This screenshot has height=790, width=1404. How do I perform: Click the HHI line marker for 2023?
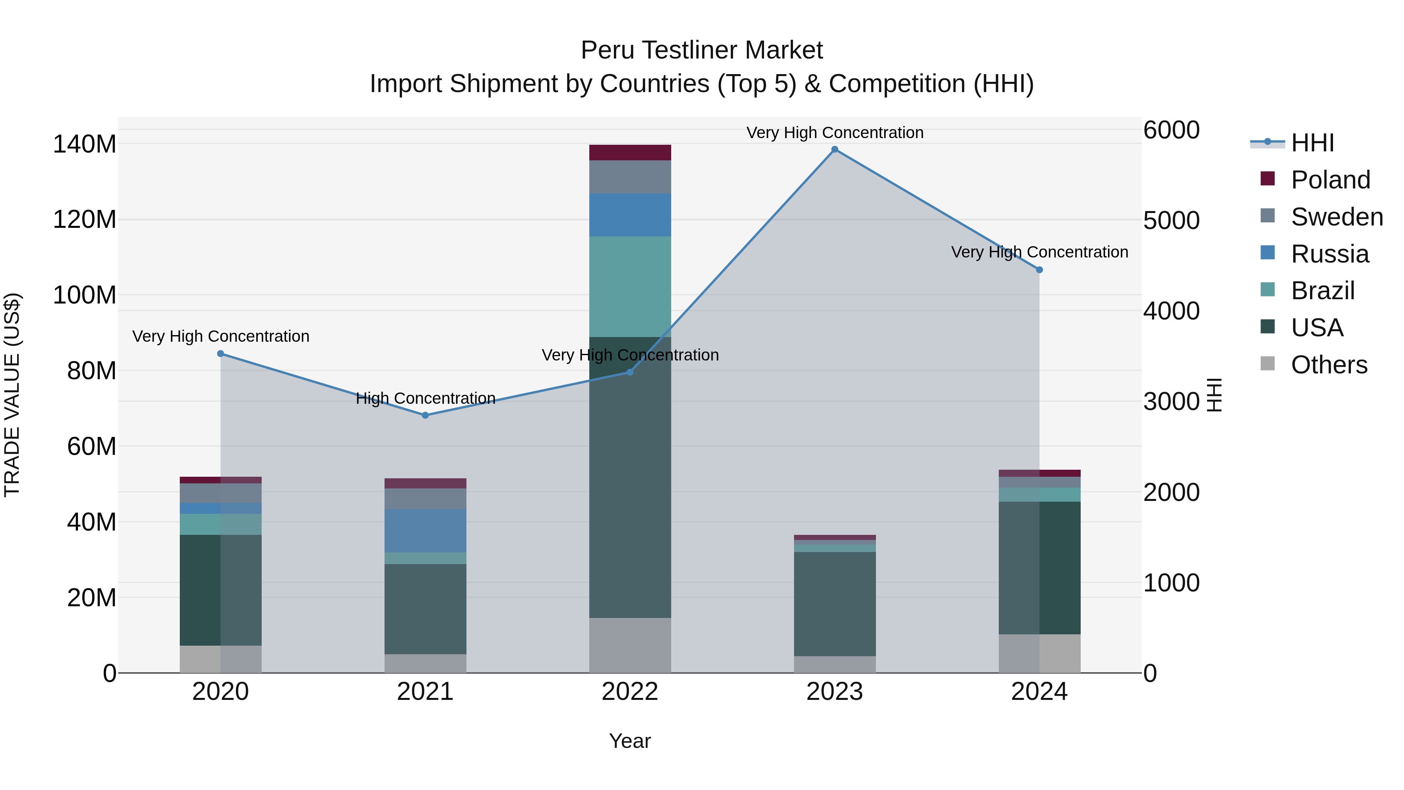coord(835,149)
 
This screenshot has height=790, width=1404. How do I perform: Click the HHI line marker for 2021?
coord(425,415)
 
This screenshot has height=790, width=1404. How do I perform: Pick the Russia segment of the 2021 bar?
coord(425,531)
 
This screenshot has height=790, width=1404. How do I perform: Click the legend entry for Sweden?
coord(1337,217)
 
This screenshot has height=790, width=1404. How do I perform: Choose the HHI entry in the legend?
coord(1312,143)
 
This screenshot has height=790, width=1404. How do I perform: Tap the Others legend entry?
coord(1329,365)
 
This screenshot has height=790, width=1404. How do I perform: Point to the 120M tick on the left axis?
coord(85,220)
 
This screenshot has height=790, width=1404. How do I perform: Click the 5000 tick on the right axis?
coord(1171,221)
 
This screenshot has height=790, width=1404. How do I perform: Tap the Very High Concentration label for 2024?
coord(1039,252)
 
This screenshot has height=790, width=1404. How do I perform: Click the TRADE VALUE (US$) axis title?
coord(12,395)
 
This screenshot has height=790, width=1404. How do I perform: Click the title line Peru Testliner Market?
coord(702,50)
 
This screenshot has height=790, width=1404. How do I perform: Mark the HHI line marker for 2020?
coord(221,354)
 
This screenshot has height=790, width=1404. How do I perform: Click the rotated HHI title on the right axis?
coord(1215,395)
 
